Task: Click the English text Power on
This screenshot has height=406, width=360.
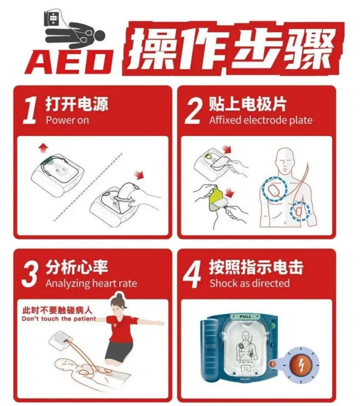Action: pyautogui.click(x=67, y=120)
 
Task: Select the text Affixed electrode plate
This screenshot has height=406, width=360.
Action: pyautogui.click(x=261, y=120)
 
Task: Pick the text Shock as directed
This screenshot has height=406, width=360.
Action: pyautogui.click(x=249, y=283)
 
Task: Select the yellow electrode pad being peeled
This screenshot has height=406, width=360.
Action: pyautogui.click(x=216, y=198)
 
